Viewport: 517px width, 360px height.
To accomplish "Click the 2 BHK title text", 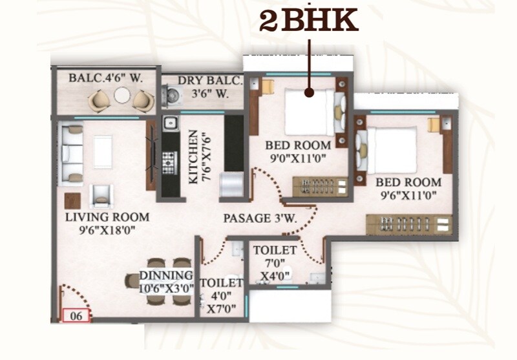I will (308, 21).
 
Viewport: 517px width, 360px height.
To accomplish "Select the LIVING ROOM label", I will (107, 217).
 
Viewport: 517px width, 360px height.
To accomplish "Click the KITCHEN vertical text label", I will (193, 158).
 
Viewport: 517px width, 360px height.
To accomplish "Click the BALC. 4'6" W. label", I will (105, 78).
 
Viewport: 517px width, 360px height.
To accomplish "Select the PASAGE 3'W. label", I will (260, 218).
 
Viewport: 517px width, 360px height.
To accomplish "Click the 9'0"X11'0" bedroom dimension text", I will (299, 157).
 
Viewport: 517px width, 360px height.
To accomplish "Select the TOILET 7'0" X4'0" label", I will (275, 262).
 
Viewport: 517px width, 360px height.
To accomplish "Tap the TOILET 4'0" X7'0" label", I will (221, 295).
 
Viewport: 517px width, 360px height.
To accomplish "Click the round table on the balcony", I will (121, 96).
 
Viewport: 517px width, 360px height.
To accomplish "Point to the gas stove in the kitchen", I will (169, 162).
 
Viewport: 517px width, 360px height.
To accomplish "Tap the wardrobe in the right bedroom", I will (408, 224).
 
